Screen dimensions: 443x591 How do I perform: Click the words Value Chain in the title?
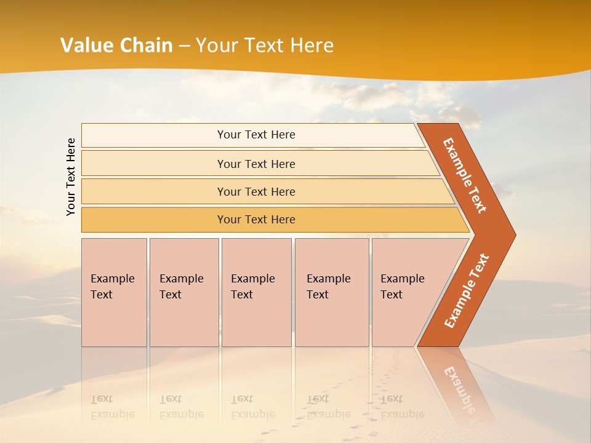point(116,45)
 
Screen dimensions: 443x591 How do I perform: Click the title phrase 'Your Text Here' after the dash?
point(265,45)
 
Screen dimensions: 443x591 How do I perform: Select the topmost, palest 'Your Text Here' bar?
point(255,135)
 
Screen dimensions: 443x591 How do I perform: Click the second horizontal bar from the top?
point(255,164)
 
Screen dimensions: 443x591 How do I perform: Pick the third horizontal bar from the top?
point(255,191)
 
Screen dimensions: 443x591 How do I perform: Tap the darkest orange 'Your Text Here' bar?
point(255,220)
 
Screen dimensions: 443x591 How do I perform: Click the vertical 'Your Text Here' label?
point(71,177)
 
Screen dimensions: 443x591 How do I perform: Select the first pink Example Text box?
point(114,292)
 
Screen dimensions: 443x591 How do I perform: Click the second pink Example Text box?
point(183,292)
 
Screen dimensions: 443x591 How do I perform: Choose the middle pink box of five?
point(256,292)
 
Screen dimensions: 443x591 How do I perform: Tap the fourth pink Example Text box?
point(331,292)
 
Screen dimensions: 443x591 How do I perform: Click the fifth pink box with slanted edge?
point(406,292)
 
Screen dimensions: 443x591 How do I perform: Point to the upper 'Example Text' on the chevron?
point(465,175)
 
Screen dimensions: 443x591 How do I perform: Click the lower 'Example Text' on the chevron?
point(466,290)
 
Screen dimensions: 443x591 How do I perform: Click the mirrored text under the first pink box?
point(112,407)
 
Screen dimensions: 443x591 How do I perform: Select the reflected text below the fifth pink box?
point(402,407)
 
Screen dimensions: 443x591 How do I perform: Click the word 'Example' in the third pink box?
point(252,279)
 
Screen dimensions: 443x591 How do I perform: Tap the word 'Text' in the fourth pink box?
point(318,295)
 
